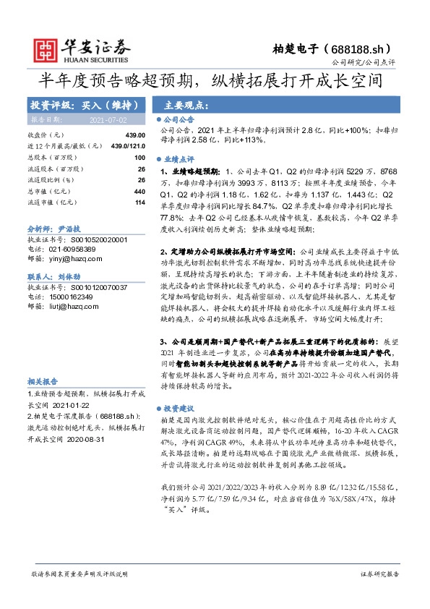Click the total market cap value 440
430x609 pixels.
tap(139, 191)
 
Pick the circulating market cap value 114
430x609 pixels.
tap(140, 202)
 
